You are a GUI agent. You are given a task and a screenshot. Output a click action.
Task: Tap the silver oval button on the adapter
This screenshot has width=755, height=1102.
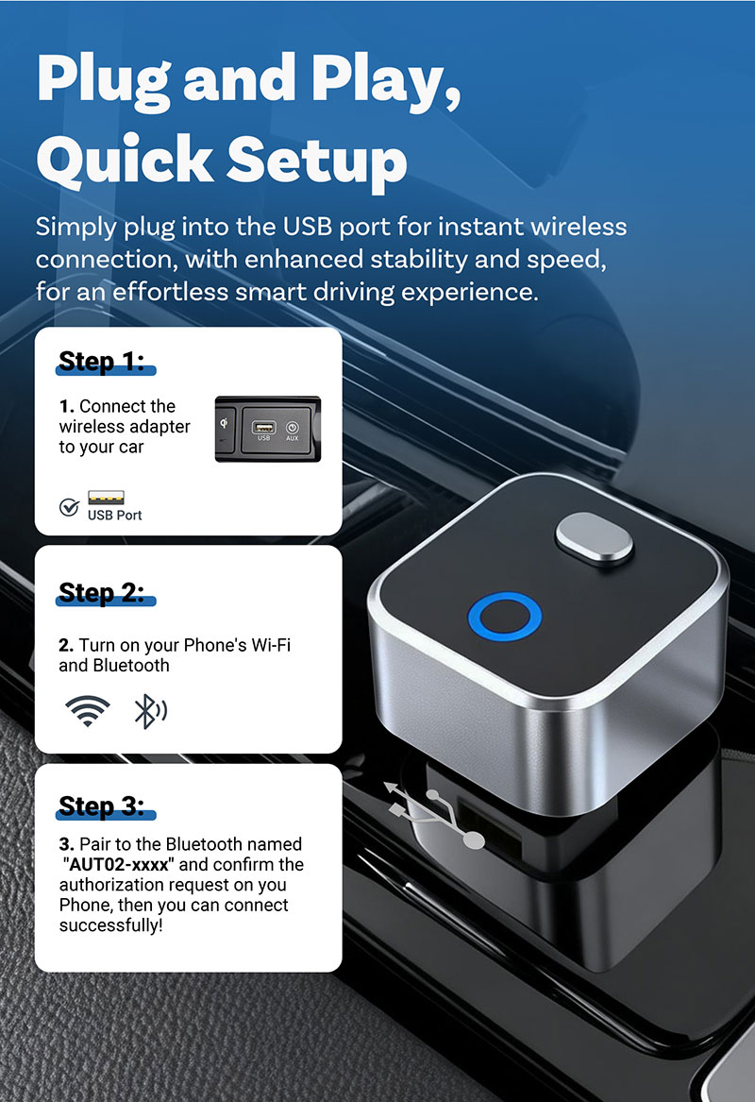pos(595,537)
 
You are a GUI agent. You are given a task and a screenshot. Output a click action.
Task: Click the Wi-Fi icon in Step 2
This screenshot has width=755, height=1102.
pos(87,711)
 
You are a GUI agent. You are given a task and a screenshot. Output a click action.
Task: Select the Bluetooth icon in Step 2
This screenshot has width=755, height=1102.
pos(150,711)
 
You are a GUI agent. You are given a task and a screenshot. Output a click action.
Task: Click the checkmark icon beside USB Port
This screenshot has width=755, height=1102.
pos(69,507)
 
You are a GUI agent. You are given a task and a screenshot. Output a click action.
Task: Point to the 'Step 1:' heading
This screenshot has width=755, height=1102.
pos(102,362)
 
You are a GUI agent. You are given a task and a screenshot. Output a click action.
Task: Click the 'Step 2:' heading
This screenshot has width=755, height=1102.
pos(102,592)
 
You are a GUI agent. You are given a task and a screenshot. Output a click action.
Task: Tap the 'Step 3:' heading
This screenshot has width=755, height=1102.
pos(102,805)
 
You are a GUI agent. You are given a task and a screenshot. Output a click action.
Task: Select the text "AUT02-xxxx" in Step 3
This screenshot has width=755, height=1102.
pos(118,864)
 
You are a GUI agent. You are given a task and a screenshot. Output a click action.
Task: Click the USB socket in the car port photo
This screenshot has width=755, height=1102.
pos(263,428)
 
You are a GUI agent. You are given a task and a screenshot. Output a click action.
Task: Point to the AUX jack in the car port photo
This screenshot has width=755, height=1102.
pos(293,428)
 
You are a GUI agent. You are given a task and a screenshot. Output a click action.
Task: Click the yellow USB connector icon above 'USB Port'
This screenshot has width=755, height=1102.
pos(106,498)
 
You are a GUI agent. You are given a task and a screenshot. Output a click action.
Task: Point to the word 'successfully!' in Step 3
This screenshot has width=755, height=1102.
pos(111,925)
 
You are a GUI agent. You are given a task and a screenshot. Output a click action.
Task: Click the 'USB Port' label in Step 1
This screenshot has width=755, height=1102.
pos(114,516)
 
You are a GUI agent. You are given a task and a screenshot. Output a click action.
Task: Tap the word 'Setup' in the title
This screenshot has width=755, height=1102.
pos(317,161)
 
